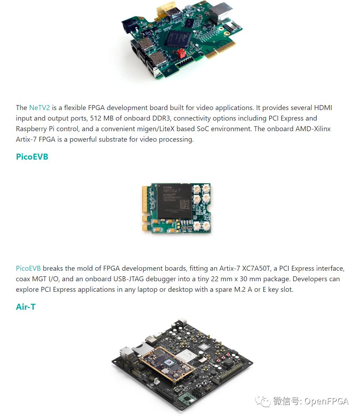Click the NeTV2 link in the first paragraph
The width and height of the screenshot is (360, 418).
[39, 108]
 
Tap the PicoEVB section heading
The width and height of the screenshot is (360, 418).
[32, 157]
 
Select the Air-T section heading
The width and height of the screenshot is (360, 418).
[26, 307]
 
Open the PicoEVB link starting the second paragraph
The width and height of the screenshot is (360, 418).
[28, 268]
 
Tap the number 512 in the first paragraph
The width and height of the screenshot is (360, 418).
[96, 118]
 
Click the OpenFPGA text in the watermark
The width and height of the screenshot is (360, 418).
[326, 401]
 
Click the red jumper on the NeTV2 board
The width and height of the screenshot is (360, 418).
[182, 53]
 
